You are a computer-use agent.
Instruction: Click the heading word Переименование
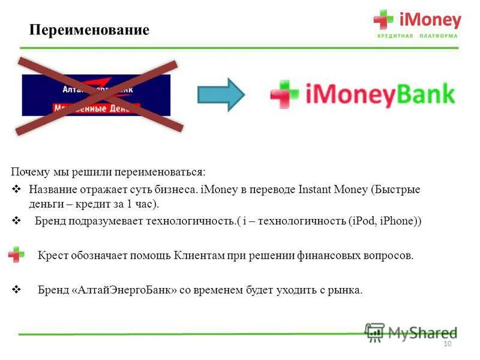(89, 30)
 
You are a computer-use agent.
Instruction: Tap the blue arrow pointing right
(221, 94)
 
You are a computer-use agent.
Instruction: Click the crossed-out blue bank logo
(96, 95)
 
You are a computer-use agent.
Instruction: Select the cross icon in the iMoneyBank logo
(284, 94)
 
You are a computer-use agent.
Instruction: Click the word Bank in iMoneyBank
(425, 95)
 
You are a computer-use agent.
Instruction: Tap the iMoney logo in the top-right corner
(418, 21)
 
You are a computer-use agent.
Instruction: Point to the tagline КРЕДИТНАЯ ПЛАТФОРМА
(417, 36)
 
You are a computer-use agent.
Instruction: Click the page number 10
(446, 343)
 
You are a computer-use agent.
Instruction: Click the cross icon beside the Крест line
(16, 254)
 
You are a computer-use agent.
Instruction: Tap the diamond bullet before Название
(17, 190)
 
